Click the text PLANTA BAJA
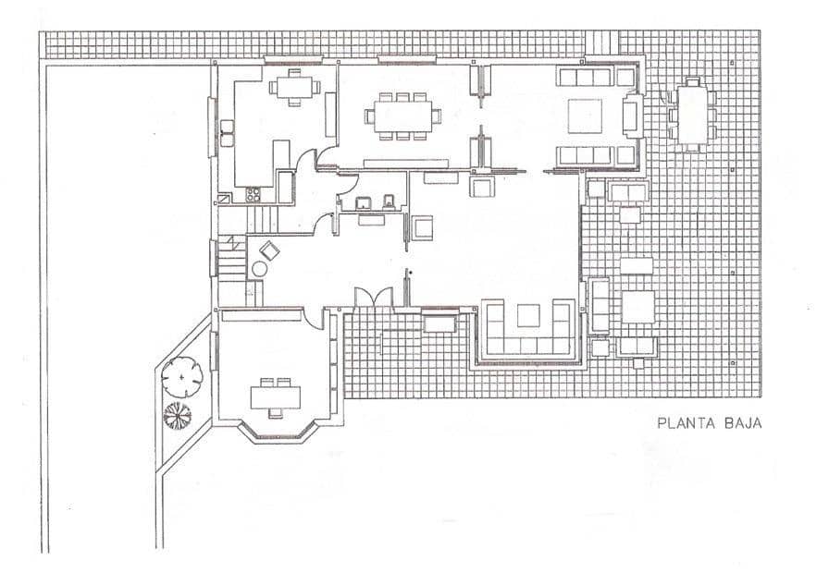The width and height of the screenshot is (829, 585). tap(708, 424)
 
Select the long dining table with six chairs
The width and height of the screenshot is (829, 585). tap(401, 116)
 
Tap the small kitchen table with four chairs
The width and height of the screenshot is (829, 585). tap(293, 88)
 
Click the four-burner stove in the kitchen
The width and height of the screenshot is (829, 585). tap(254, 195)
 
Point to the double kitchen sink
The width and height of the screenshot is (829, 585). tap(226, 136)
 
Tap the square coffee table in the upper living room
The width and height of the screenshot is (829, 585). tap(585, 116)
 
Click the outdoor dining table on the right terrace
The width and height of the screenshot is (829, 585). tap(690, 114)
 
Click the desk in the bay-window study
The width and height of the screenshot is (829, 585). tap(276, 396)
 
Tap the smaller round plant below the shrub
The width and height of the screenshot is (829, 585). tap(177, 416)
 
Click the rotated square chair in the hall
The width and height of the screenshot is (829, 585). tap(270, 250)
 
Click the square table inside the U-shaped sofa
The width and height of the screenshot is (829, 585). tap(527, 315)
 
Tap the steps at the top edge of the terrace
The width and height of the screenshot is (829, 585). tap(602, 43)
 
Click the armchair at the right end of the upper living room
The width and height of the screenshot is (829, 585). tap(633, 116)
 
